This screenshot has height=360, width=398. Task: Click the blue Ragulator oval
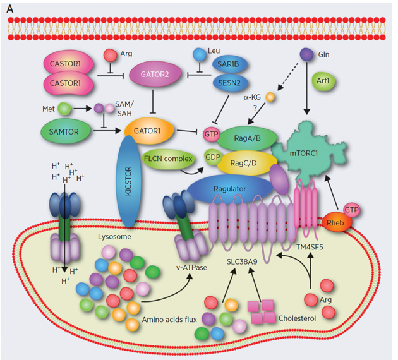(x=234, y=188)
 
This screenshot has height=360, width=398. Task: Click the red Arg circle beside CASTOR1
(x=111, y=56)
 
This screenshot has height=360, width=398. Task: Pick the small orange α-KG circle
(x=270, y=99)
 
